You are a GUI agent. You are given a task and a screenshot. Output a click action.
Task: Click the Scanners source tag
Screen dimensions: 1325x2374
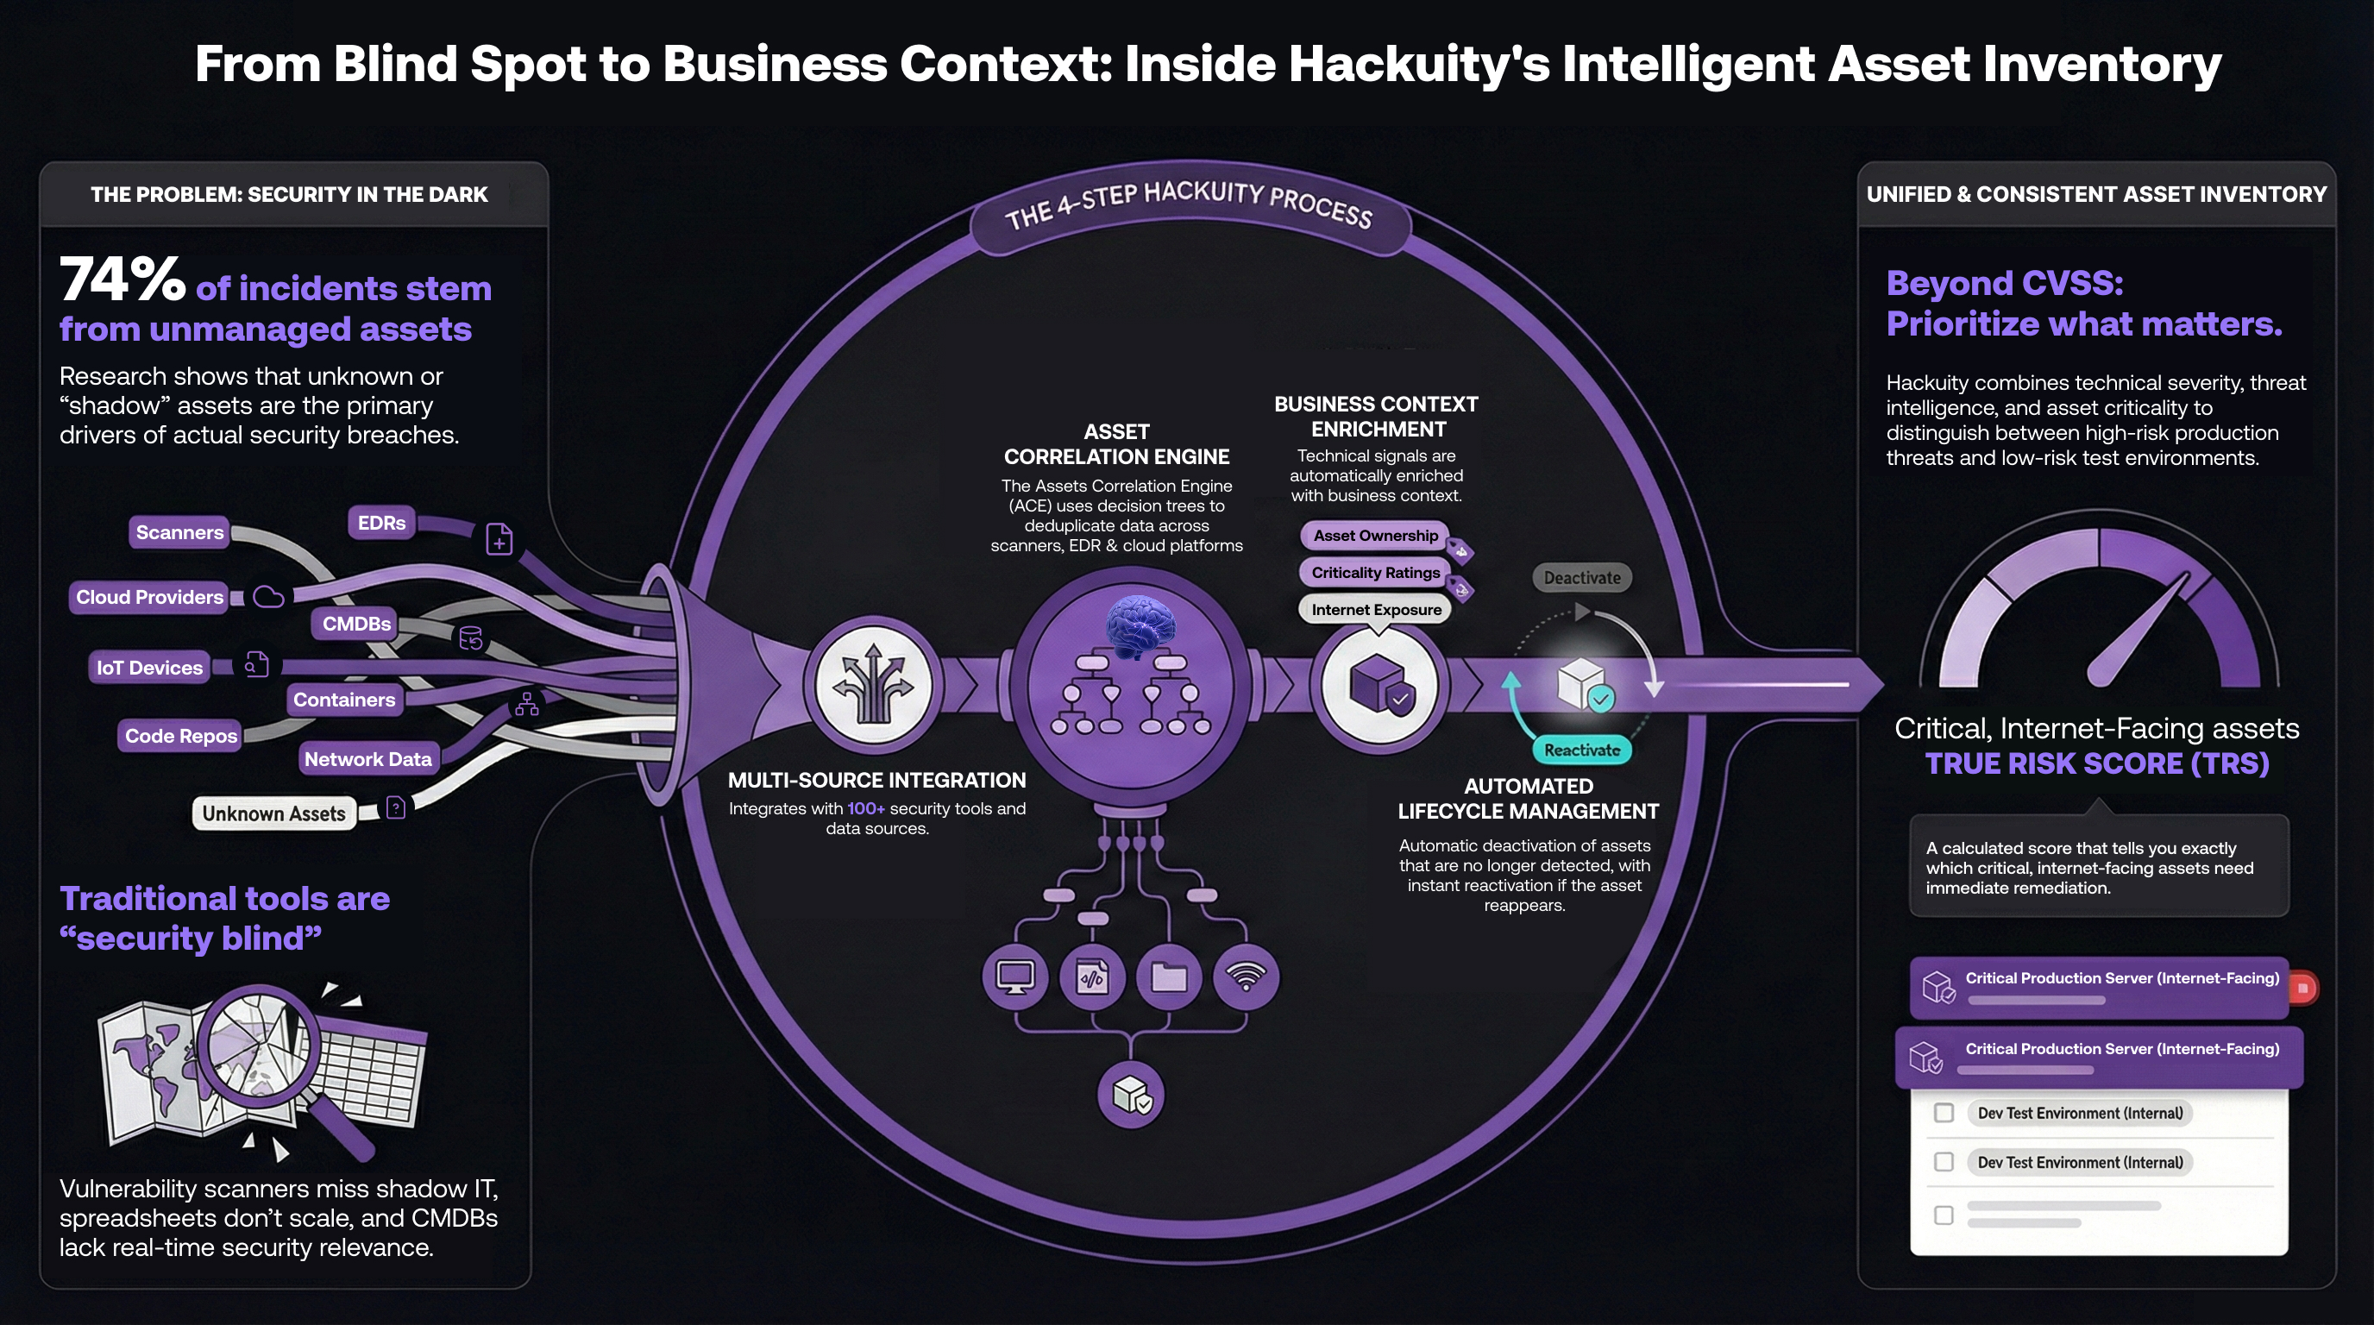coord(179,532)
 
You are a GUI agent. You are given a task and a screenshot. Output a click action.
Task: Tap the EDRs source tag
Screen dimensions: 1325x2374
coord(381,524)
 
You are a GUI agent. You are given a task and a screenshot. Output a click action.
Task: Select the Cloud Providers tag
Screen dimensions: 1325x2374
coord(149,597)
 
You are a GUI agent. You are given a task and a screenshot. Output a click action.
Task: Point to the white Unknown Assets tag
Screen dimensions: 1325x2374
coord(273,813)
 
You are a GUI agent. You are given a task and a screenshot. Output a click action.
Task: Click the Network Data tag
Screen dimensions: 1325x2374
coord(367,759)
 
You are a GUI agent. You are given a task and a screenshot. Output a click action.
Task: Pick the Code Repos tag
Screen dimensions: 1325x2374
coord(180,736)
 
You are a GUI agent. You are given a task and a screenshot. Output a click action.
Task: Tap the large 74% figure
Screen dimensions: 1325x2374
coord(122,279)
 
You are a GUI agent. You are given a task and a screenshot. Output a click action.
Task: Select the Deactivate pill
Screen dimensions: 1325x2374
coord(1581,578)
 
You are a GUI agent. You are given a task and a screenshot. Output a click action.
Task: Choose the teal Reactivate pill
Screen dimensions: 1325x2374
coord(1581,750)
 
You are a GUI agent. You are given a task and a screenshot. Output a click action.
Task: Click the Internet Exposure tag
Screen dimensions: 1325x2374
coord(1375,610)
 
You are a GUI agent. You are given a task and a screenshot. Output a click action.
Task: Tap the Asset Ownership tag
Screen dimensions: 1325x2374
coord(1375,536)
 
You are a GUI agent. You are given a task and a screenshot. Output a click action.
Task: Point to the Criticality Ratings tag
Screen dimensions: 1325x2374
coord(1375,572)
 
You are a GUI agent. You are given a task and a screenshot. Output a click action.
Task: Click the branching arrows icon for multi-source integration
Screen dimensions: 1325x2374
coord(872,685)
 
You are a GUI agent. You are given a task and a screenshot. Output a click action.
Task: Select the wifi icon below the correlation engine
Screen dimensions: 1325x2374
coord(1246,976)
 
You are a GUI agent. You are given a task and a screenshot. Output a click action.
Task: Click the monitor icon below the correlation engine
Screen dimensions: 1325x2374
coord(1015,976)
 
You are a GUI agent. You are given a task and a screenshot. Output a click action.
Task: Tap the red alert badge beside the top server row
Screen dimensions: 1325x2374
coord(2303,988)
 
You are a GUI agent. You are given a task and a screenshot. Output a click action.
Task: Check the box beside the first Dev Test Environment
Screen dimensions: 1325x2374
coord(1944,1113)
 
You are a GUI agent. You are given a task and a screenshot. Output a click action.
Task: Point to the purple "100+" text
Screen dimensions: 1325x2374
coord(865,808)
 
